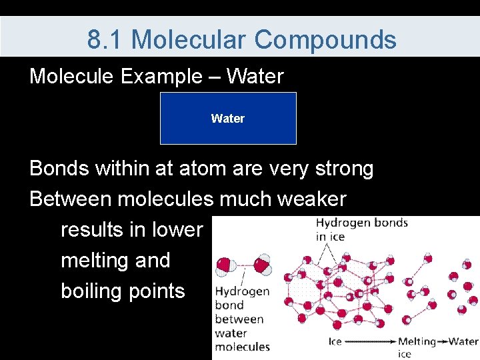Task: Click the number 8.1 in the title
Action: [104, 39]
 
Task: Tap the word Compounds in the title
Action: [325, 40]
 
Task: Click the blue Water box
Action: [229, 118]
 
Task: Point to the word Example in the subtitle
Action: [161, 77]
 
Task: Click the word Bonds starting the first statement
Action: [59, 168]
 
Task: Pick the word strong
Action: [345, 169]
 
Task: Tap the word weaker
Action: [311, 199]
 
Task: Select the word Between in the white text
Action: [71, 199]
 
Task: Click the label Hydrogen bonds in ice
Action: [362, 229]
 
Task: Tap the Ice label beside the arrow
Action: [335, 341]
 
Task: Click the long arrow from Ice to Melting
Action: [371, 341]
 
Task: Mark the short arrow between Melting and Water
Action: [442, 341]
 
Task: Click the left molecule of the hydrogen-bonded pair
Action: [225, 266]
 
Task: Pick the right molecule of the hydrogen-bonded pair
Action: [262, 264]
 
